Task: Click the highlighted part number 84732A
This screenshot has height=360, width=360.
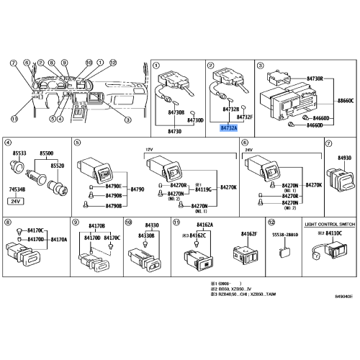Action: coord(228,127)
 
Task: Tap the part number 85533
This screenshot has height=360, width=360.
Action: coord(19,154)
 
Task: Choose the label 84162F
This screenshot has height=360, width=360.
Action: coord(249,234)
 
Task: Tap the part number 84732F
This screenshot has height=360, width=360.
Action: coord(245,117)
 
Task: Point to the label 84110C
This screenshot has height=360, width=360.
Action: coord(333,233)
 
